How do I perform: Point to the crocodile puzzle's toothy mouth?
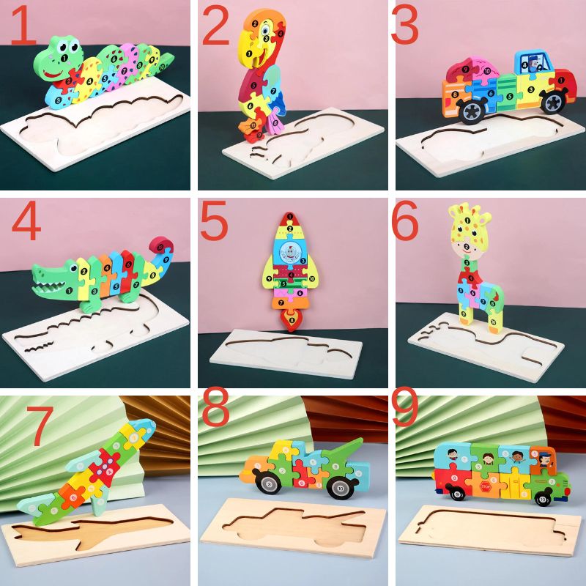click(51, 278)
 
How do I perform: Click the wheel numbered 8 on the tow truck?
click(270, 483)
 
